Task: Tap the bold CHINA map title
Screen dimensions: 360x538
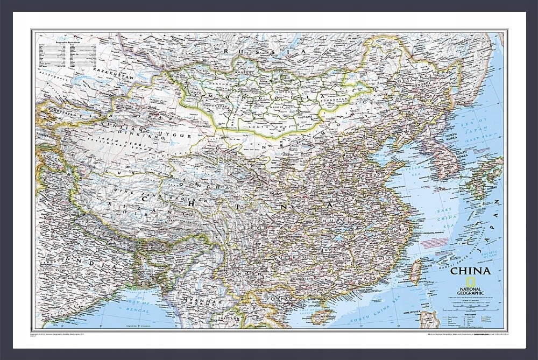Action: coord(470,272)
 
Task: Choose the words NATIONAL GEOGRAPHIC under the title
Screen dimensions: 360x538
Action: coord(472,285)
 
